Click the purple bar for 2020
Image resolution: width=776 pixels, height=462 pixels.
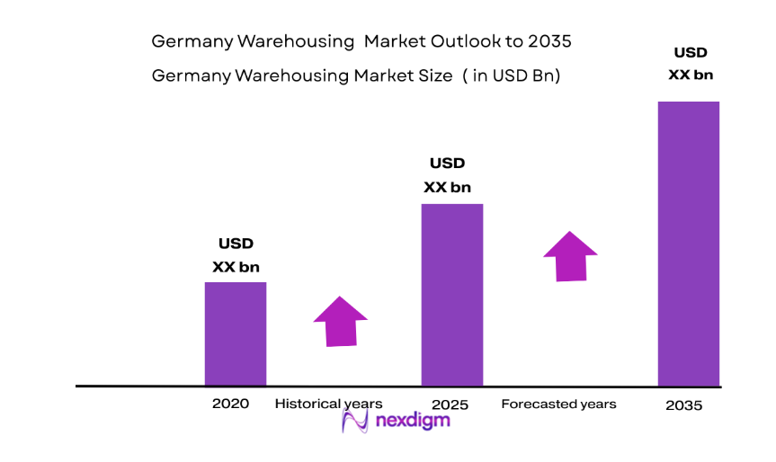click(x=236, y=333)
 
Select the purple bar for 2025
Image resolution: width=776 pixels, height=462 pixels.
click(x=452, y=294)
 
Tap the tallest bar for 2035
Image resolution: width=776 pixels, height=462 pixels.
click(x=689, y=243)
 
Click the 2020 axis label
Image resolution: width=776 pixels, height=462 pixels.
click(x=230, y=404)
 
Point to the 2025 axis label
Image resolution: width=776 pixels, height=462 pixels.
click(x=450, y=404)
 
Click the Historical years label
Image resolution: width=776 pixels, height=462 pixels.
click(x=328, y=404)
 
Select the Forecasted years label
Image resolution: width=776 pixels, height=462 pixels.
click(x=558, y=404)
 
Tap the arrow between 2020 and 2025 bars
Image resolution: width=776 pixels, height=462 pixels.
click(x=340, y=321)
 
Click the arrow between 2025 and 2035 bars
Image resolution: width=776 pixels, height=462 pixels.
click(x=570, y=256)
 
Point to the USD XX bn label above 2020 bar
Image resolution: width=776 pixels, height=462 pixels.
click(x=236, y=255)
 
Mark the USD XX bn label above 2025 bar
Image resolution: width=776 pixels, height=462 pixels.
click(x=447, y=175)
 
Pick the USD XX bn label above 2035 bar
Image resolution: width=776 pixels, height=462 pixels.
click(x=691, y=64)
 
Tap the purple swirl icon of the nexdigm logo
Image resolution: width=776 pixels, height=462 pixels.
click(x=357, y=421)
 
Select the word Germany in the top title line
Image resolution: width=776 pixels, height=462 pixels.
click(x=186, y=41)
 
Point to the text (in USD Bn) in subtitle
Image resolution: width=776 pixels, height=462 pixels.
click(x=512, y=76)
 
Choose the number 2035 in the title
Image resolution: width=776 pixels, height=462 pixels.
click(x=548, y=41)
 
